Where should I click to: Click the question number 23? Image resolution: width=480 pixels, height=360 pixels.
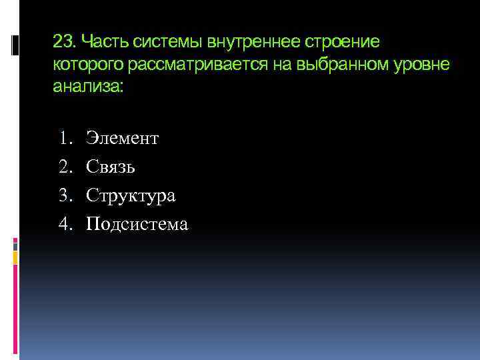pyautogui.click(x=63, y=43)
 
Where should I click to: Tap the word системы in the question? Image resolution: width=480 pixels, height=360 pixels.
pyautogui.click(x=170, y=43)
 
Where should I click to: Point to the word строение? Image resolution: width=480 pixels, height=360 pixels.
pyautogui.click(x=343, y=43)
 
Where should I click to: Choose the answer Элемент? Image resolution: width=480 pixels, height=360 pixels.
pyautogui.click(x=123, y=139)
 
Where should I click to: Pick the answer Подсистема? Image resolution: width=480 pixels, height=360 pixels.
pyautogui.click(x=137, y=225)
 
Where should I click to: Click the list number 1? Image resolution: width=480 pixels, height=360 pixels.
pyautogui.click(x=64, y=139)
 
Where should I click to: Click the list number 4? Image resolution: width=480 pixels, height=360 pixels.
pyautogui.click(x=64, y=225)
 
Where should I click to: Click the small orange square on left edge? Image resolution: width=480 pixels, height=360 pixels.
pyautogui.click(x=15, y=257)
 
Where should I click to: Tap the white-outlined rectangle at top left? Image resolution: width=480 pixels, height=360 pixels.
pyautogui.click(x=15, y=45)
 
